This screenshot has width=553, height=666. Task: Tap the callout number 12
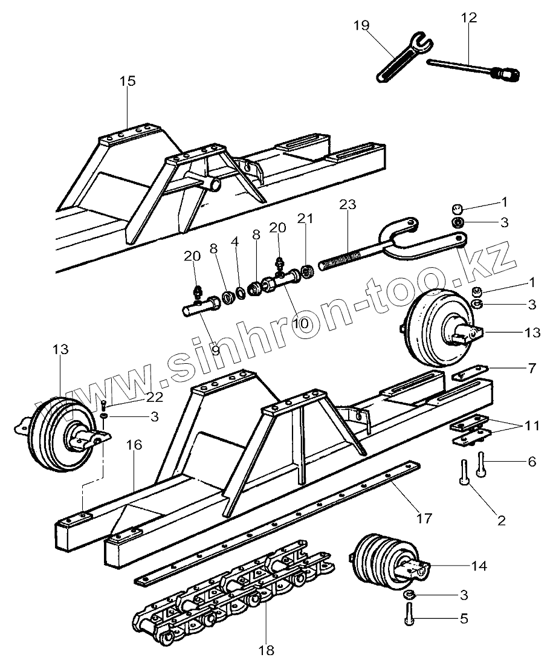(468, 18)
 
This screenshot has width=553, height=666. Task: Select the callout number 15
(128, 81)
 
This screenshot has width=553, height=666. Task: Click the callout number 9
(216, 349)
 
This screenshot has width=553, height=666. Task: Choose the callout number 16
(134, 445)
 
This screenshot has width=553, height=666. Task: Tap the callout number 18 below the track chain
(266, 650)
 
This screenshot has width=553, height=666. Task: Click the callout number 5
(464, 618)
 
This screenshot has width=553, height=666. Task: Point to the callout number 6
(532, 461)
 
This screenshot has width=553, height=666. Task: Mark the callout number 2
(501, 519)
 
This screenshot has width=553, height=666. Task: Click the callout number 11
(532, 425)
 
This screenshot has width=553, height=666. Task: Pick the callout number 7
(532, 368)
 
